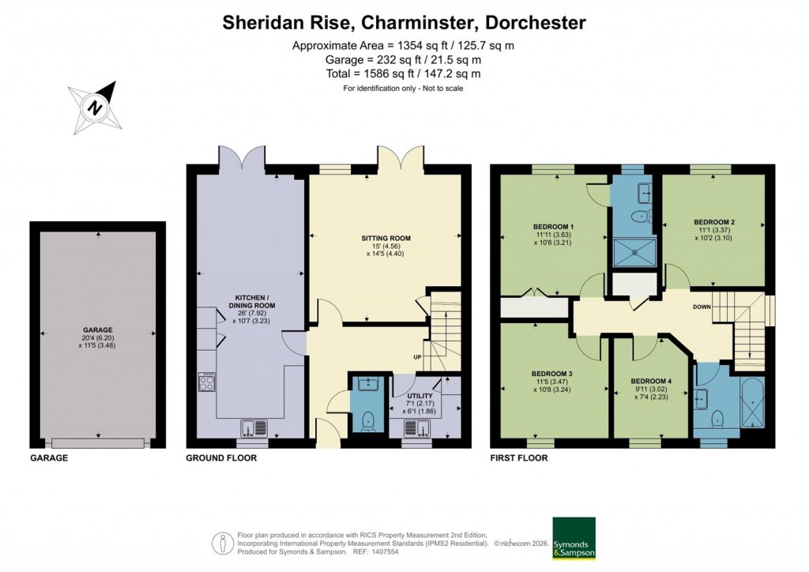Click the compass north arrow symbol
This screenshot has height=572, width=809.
pos(96,107)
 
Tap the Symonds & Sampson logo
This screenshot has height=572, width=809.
pos(574,538)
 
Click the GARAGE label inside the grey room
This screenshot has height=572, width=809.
pos(98,330)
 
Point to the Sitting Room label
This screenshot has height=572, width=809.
pos(386,238)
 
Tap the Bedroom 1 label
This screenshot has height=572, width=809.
pos(553,228)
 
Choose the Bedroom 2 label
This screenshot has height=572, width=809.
pos(714,221)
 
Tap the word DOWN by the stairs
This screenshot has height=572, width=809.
pos(702,307)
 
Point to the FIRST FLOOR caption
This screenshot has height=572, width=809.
pos(519,458)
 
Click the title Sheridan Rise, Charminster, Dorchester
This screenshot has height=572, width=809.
pos(404,22)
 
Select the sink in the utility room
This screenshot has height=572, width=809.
pos(416,428)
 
